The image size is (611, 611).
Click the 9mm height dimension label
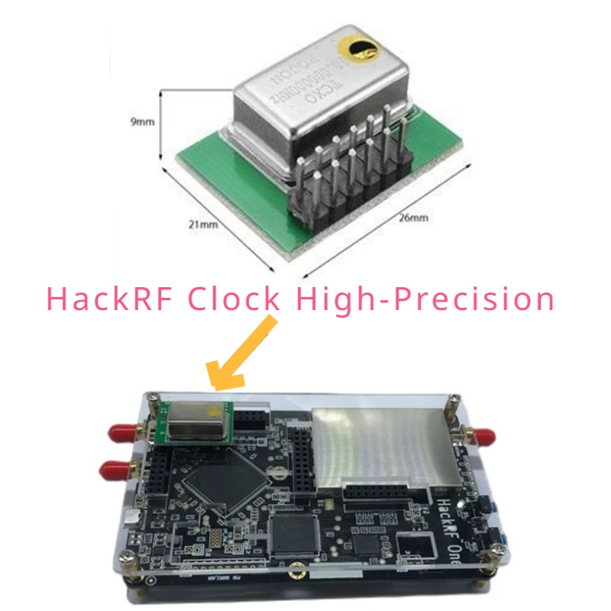(x=143, y=121)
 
